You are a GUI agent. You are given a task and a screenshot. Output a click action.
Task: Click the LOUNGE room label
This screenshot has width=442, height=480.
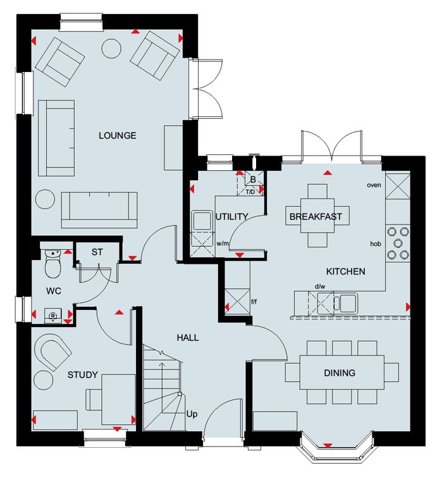tap(117, 135)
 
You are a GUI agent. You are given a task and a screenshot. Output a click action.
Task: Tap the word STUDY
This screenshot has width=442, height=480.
tap(83, 374)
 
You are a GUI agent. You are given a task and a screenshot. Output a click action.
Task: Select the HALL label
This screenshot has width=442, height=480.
tap(188, 337)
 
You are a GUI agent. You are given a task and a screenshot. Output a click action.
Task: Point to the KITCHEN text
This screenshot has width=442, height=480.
tap(346, 271)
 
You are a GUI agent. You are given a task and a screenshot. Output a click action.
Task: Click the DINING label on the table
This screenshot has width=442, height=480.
tap(340, 372)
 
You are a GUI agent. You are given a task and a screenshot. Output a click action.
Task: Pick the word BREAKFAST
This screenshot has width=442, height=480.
tap(316, 216)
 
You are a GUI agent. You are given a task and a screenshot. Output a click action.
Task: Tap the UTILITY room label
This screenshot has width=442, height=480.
tap(231, 216)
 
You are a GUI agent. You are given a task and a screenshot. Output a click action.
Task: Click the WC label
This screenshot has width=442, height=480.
tap(54, 291)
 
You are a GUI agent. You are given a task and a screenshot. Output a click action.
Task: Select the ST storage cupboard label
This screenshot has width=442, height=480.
tap(97, 252)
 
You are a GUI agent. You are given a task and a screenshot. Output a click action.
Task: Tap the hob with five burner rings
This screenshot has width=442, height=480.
tap(398, 243)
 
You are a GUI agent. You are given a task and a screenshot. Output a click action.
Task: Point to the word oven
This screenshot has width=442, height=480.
tap(374, 185)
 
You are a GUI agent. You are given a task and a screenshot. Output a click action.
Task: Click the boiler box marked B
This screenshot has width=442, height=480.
tap(254, 180)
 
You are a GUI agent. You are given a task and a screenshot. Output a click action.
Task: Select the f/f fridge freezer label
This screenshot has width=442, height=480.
tap(254, 302)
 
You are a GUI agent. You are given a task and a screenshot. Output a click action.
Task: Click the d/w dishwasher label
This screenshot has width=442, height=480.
tap(320, 286)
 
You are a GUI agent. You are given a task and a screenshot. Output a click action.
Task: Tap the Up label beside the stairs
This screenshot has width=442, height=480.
tap(192, 414)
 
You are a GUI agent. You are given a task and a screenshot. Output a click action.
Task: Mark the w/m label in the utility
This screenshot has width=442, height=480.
tap(223, 243)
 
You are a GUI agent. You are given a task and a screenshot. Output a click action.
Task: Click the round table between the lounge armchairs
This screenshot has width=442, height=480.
tap(111, 48)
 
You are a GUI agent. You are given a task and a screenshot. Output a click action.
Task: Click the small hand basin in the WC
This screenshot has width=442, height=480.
tap(53, 316)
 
